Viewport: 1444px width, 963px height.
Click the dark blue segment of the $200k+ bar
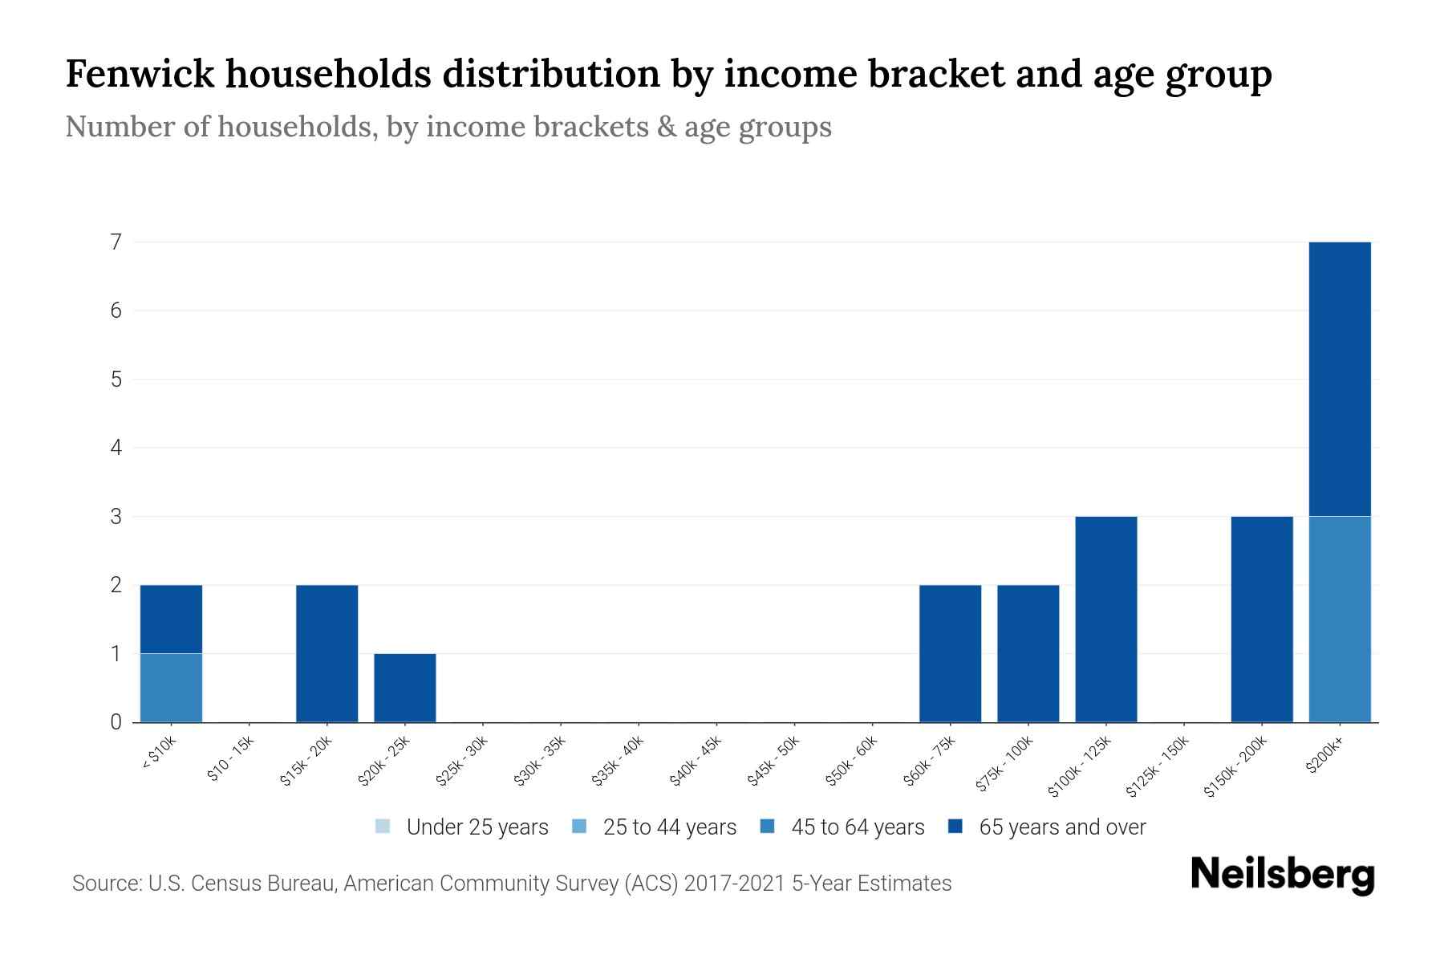[x=1340, y=379]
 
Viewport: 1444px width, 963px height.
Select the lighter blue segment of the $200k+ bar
[x=1340, y=619]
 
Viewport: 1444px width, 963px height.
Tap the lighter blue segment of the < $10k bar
[x=171, y=688]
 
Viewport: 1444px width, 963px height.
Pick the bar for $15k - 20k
[x=327, y=653]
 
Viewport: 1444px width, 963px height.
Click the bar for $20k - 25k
[x=405, y=688]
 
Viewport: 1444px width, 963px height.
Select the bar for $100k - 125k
[x=1106, y=619]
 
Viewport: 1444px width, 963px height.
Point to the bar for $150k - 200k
[x=1262, y=619]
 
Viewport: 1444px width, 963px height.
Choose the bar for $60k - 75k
[x=950, y=653]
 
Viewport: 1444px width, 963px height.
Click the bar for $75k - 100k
[x=1028, y=653]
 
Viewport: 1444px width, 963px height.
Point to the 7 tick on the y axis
[x=116, y=242]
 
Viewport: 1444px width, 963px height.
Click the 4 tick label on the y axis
[x=116, y=448]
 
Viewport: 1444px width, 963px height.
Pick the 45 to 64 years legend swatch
[x=768, y=827]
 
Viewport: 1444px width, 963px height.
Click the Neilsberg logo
[x=1282, y=875]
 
